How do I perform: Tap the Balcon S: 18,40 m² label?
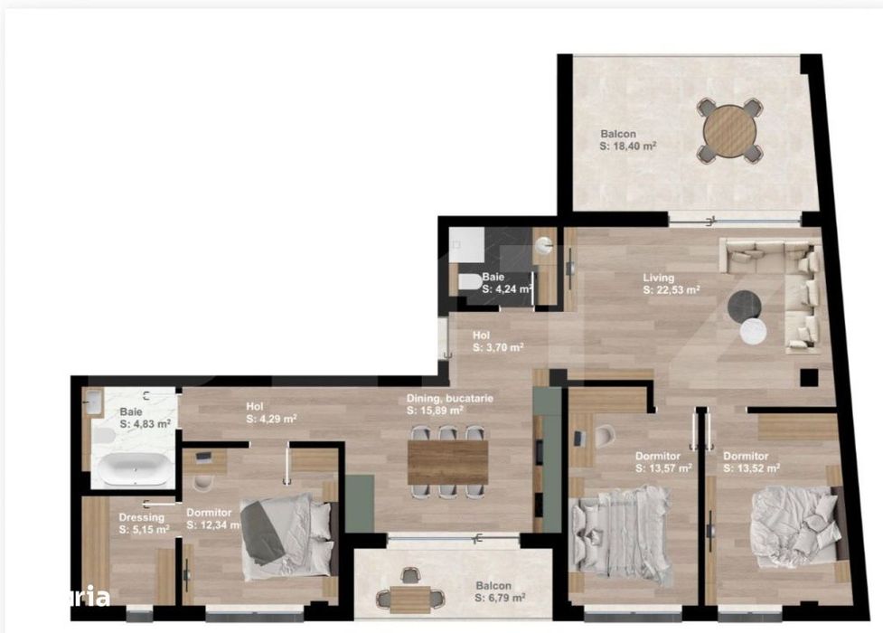coord(628,140)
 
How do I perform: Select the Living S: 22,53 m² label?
coord(672,284)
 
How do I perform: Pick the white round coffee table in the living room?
coord(754,333)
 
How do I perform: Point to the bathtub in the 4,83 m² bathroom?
coord(134,469)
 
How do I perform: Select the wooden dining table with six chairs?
coord(447,461)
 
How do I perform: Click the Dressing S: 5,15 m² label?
coord(143,524)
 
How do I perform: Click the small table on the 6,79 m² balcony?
coord(411,595)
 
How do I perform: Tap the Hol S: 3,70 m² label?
coord(497,341)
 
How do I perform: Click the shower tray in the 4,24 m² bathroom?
coord(468,240)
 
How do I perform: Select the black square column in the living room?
coord(809,377)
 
